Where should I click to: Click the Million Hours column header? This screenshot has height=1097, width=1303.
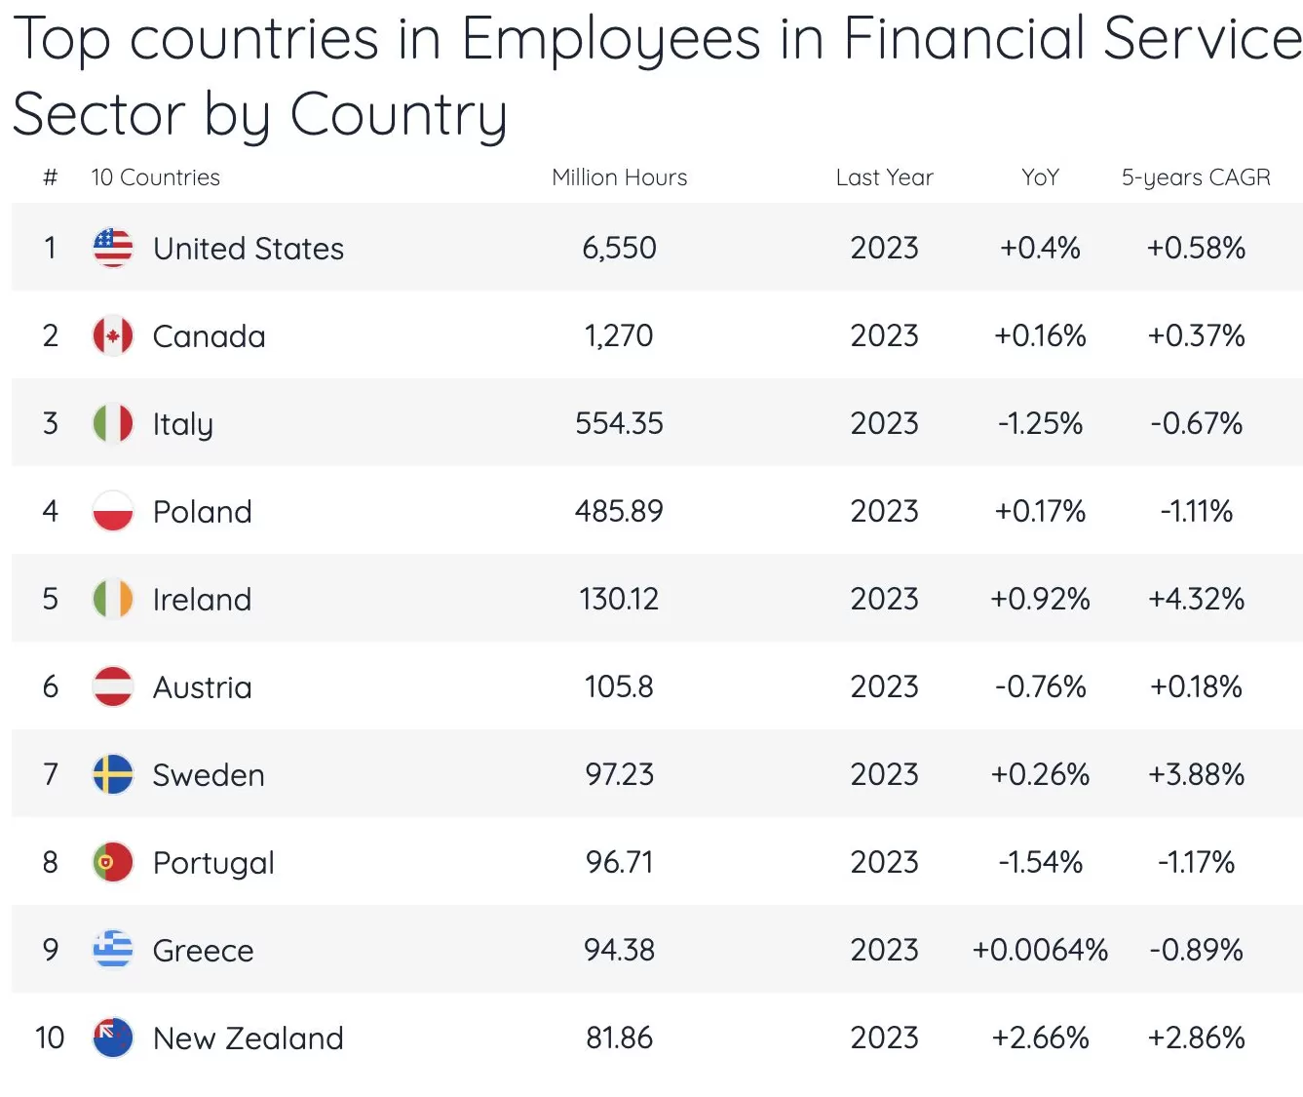click(x=619, y=177)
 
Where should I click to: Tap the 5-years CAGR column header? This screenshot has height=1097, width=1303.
click(x=1196, y=177)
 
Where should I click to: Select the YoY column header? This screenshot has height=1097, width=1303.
click(x=1040, y=177)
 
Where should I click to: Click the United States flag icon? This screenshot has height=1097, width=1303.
click(x=113, y=248)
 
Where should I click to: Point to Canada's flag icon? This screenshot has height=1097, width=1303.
click(x=113, y=335)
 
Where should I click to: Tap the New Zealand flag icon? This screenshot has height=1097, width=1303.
click(x=113, y=1038)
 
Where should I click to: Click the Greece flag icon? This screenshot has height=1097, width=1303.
click(x=113, y=950)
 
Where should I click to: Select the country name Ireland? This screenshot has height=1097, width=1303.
click(x=202, y=599)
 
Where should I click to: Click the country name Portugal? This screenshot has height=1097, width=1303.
click(x=213, y=863)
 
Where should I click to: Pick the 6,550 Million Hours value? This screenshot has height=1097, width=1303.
click(x=619, y=248)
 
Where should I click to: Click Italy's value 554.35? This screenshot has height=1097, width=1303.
click(x=619, y=423)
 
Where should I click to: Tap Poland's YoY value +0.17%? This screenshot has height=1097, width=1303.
click(x=1040, y=511)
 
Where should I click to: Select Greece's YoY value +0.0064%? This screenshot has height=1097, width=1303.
click(x=1040, y=950)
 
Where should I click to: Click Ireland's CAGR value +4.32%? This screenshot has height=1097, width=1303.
click(x=1196, y=599)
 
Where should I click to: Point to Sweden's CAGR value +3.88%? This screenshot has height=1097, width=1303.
click(x=1196, y=774)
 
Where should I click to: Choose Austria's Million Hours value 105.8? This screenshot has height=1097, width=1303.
click(x=619, y=686)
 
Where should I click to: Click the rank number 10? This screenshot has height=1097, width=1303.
click(x=50, y=1038)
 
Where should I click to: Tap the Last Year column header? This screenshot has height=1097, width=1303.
click(x=884, y=177)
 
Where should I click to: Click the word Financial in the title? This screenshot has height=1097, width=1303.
click(x=963, y=39)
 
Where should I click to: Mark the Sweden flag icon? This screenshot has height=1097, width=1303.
click(x=113, y=774)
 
